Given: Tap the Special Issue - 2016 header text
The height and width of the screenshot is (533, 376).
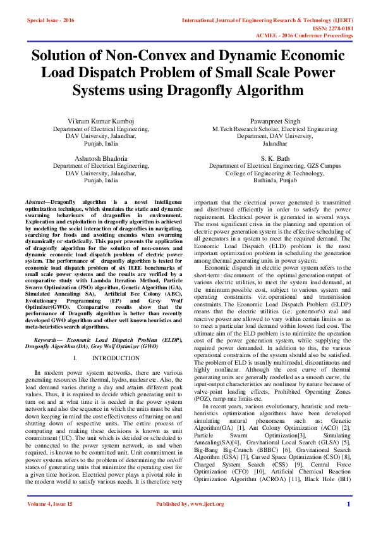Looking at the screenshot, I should [x=51, y=21].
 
